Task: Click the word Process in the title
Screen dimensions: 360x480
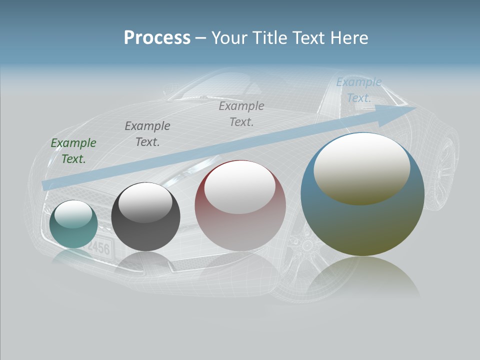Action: tap(157, 38)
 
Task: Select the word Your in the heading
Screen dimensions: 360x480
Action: tap(228, 38)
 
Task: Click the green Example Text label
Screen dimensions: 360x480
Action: tap(73, 150)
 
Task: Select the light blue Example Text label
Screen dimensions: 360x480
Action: tap(359, 90)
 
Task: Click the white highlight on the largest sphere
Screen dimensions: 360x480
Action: tap(361, 168)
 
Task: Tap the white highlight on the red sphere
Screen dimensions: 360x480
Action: tap(239, 187)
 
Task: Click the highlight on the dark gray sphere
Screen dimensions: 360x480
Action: tap(145, 202)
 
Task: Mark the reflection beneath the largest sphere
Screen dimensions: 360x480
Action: tap(362, 277)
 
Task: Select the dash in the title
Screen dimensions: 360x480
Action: tap(201, 38)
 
